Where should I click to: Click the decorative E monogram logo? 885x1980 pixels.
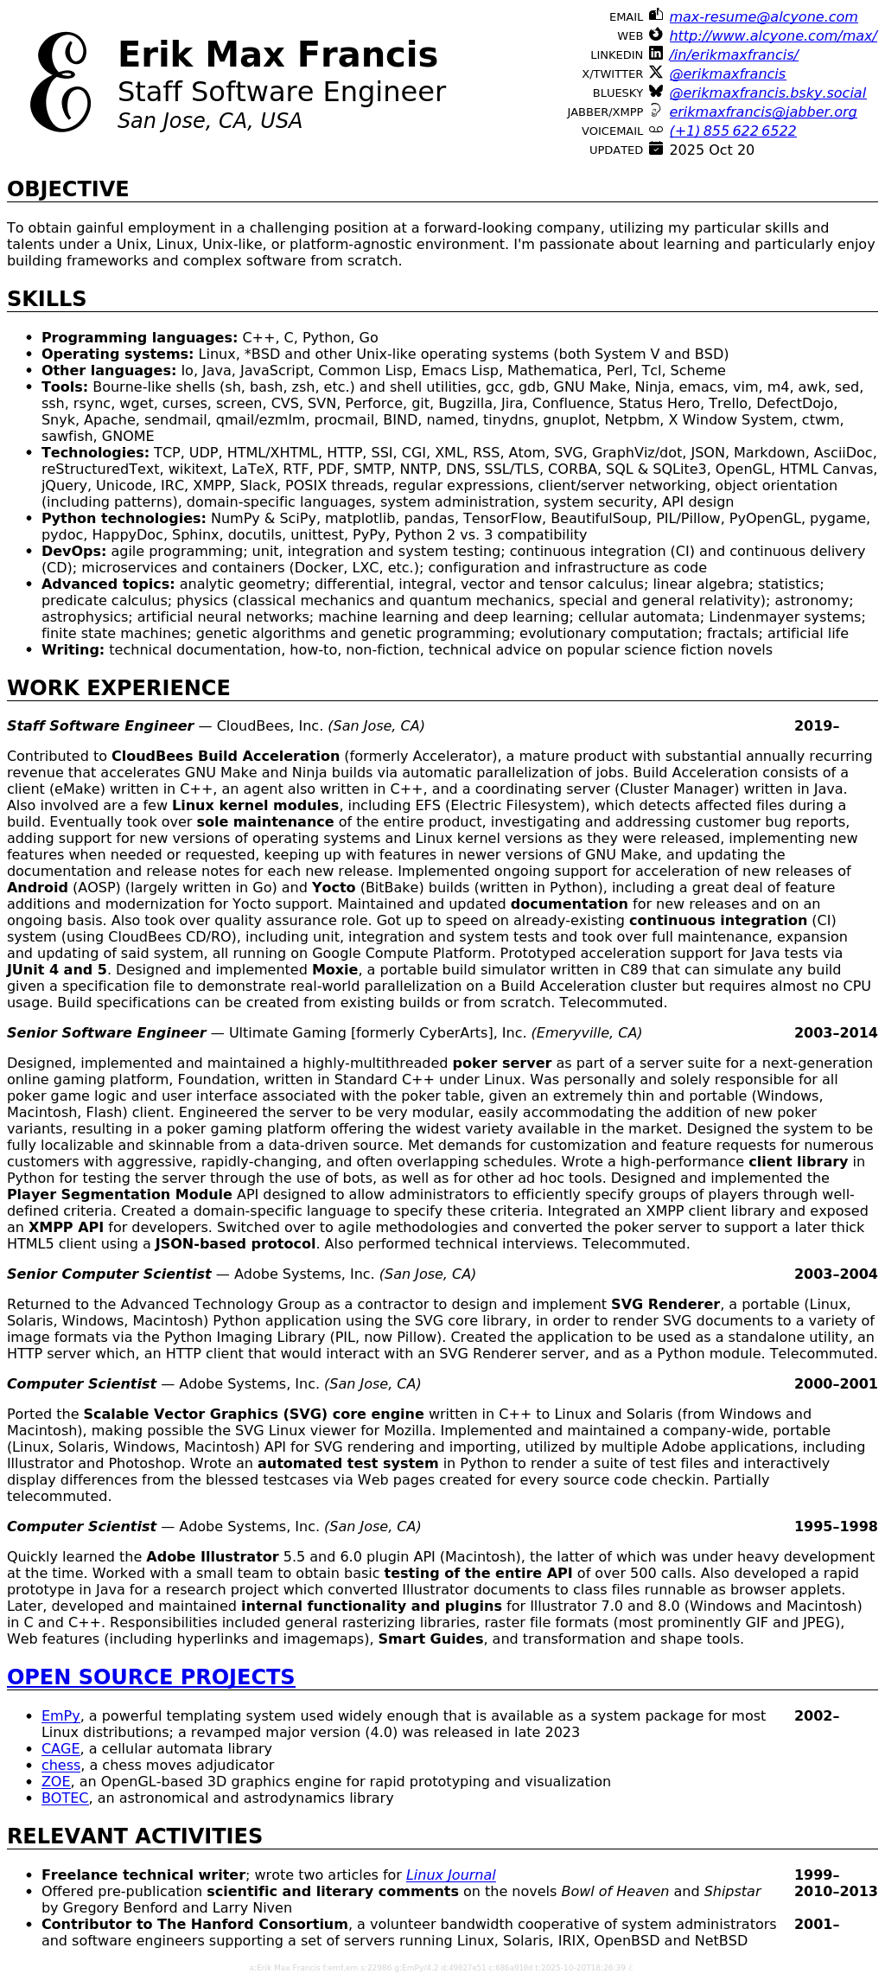point(60,82)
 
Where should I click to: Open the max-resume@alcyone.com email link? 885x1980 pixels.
point(763,16)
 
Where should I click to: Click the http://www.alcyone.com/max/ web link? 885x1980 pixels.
point(773,35)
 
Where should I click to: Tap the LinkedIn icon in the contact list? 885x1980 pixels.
point(656,54)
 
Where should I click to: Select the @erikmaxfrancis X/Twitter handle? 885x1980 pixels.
point(727,73)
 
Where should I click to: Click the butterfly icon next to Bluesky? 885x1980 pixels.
point(656,92)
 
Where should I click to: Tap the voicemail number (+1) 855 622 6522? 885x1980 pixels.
point(732,131)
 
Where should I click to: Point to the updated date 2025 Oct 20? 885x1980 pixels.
point(711,150)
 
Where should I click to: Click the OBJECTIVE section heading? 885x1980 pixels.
point(67,188)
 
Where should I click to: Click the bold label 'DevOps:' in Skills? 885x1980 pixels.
point(73,551)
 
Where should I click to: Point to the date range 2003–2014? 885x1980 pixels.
point(835,1032)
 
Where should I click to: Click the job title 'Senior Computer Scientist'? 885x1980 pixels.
point(109,1274)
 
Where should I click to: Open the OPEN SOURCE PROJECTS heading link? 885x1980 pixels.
point(150,1677)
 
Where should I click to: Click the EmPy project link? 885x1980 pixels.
point(60,1715)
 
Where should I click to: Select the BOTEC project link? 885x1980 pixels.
point(65,1798)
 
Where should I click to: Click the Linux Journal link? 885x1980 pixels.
point(450,1875)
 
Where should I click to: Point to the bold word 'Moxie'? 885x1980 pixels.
point(334,969)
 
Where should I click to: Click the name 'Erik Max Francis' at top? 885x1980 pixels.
point(277,54)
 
